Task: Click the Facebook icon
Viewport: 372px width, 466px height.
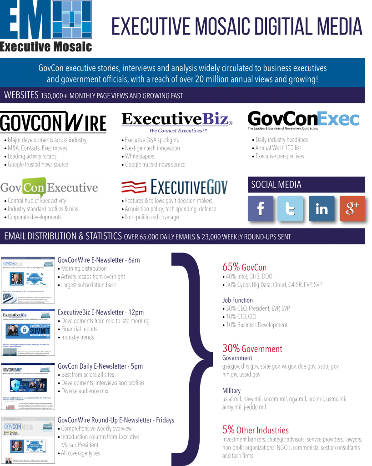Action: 261,209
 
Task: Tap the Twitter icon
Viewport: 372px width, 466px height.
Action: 290,209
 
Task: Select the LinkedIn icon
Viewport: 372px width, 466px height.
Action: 322,209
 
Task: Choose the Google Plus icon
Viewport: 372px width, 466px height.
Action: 352,209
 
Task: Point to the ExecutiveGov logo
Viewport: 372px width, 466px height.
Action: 175,187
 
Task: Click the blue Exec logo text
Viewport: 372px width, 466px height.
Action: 338,119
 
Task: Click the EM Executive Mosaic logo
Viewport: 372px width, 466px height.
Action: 46,26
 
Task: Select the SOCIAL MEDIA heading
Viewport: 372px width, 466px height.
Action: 276,185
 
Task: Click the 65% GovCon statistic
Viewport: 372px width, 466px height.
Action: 244,268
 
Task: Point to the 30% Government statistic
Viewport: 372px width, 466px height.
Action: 252,349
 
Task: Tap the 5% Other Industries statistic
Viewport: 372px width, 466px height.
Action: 255,430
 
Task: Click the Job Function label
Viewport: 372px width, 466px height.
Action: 237,300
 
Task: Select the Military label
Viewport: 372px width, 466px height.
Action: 231,391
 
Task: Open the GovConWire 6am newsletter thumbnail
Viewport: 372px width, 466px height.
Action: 28,280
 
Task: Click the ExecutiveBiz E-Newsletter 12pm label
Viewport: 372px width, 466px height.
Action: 101,313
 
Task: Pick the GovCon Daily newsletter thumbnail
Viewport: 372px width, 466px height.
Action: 28,386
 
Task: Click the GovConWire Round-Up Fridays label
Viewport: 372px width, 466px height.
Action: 116,420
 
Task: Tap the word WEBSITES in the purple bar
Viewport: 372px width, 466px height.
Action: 21,95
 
